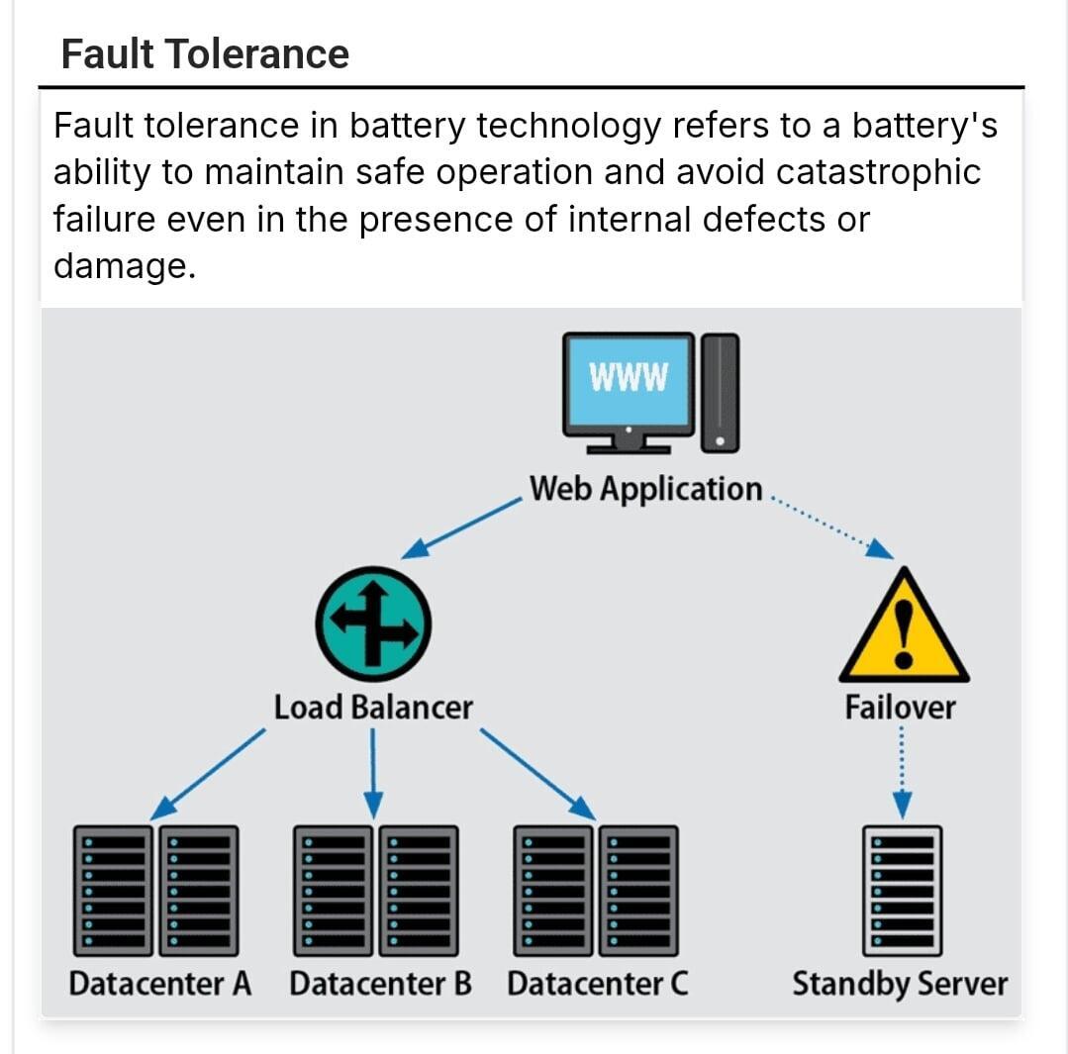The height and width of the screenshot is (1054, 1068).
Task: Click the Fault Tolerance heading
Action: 205,53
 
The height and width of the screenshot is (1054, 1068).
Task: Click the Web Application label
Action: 645,489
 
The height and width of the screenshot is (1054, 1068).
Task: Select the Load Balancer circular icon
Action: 373,623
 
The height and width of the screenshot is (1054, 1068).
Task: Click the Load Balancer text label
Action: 373,708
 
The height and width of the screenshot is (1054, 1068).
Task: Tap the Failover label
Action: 900,708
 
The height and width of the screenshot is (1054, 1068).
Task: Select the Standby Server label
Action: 899,985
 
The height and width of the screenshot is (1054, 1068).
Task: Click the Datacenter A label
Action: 159,985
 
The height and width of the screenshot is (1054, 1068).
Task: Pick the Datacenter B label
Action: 380,985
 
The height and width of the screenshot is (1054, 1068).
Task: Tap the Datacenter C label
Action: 597,985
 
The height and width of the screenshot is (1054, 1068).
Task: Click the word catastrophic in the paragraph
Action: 878,172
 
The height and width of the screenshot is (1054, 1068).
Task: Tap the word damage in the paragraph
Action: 118,265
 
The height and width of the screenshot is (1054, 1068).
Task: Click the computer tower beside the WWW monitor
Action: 721,392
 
